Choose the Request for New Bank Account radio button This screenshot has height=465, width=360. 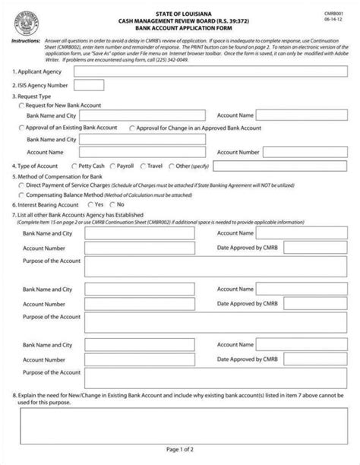coord(21,106)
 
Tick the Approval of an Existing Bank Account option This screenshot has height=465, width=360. coord(21,129)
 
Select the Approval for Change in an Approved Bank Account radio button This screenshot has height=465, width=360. coord(134,129)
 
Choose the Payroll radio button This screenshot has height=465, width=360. coord(113,165)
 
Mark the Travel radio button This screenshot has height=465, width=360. coord(141,165)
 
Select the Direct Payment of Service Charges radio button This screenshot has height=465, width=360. coord(21,185)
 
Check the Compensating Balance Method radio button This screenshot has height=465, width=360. coord(21,195)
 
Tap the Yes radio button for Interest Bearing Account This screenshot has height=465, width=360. coord(84,205)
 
